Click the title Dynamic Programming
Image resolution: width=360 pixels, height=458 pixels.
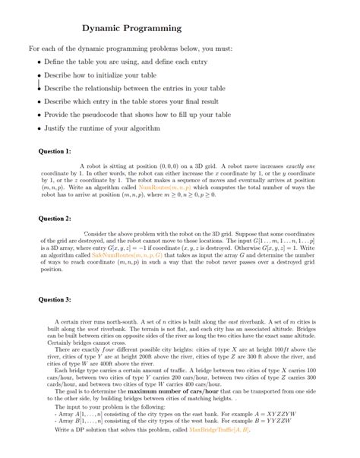pyautogui.click(x=131, y=28)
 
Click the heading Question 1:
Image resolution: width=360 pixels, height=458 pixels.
pyautogui.click(x=55, y=151)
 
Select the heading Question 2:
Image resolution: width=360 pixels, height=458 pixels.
pyautogui.click(x=55, y=218)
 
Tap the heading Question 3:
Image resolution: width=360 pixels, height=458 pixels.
pyautogui.click(x=55, y=299)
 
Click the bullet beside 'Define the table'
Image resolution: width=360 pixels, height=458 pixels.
pyautogui.click(x=39, y=62)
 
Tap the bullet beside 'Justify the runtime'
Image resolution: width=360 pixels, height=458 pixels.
pyautogui.click(x=39, y=128)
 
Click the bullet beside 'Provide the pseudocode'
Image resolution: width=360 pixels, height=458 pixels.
pyautogui.click(x=39, y=115)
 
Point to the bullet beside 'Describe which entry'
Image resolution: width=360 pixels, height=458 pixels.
pyautogui.click(x=39, y=101)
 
